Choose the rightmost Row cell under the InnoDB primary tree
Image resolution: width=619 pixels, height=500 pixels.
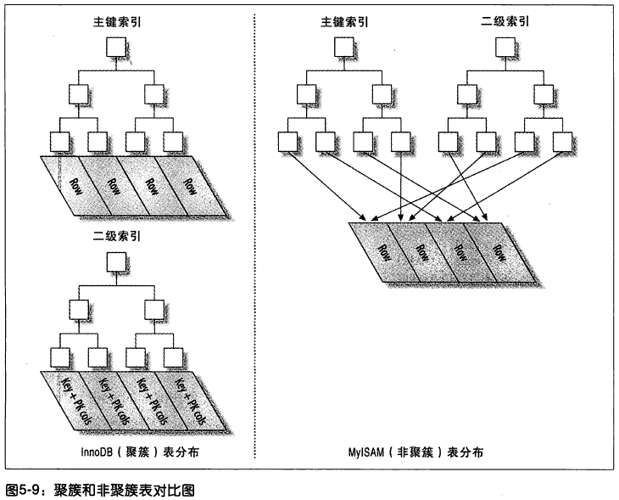click(x=191, y=185)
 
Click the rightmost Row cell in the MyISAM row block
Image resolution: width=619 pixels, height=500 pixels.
click(x=500, y=251)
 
